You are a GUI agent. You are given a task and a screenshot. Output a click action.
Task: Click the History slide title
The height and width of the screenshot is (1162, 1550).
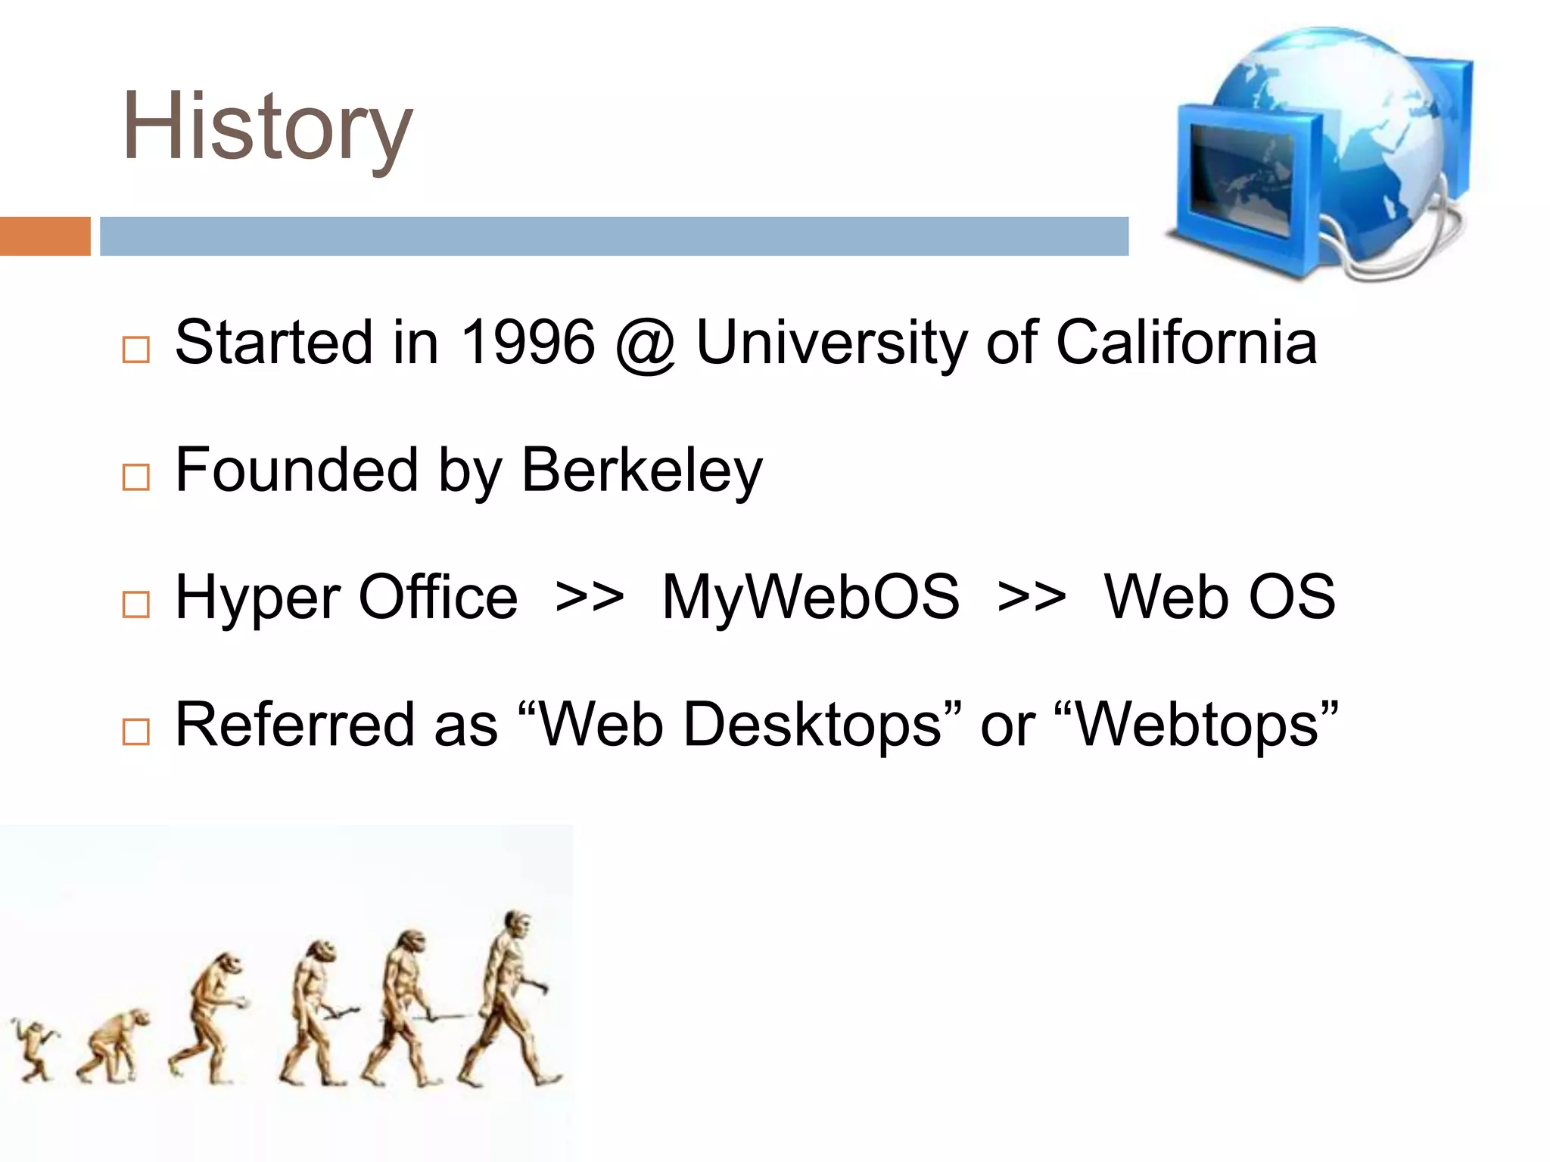[x=267, y=126]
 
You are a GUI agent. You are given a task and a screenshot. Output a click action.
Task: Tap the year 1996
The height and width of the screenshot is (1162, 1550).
[x=528, y=343]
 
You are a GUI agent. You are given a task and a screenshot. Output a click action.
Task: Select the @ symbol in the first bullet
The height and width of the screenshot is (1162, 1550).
[x=645, y=345]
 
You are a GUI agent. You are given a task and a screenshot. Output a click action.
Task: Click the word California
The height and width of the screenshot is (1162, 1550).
[x=1185, y=343]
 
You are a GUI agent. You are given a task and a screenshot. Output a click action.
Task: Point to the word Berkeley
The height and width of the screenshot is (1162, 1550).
[x=642, y=471]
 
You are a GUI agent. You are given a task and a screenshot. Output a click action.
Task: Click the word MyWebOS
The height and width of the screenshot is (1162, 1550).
[x=810, y=597]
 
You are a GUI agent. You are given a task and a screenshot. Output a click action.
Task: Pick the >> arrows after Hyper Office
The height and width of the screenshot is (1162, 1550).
[x=590, y=598]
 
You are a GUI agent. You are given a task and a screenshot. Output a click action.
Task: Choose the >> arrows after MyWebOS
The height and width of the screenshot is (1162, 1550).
[x=1032, y=598]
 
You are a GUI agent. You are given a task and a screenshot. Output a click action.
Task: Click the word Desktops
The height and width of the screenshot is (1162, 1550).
[x=811, y=725]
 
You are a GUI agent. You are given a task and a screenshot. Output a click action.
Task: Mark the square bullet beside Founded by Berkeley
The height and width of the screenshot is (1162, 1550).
[x=136, y=477]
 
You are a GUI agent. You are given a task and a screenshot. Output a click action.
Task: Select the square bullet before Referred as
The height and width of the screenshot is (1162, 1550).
[x=136, y=732]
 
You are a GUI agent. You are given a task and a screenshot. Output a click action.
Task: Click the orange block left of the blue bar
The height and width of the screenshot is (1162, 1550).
[x=45, y=236]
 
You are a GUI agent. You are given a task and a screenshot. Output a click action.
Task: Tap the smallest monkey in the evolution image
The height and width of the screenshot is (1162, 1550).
[x=33, y=1048]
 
